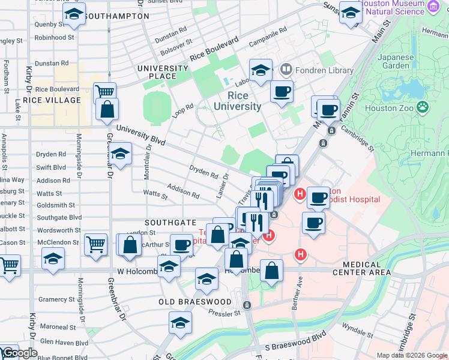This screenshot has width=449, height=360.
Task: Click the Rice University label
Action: [244, 101]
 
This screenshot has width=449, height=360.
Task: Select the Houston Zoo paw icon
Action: [423, 108]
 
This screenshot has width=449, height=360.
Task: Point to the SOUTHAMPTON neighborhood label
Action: [116, 16]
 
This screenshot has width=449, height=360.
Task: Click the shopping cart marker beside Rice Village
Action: [104, 92]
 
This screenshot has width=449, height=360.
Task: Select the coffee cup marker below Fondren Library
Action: [282, 92]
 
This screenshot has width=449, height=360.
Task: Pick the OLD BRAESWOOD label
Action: [195, 301]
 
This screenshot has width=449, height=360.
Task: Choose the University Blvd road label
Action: [140, 134]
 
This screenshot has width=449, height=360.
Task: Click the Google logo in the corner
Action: [20, 353]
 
